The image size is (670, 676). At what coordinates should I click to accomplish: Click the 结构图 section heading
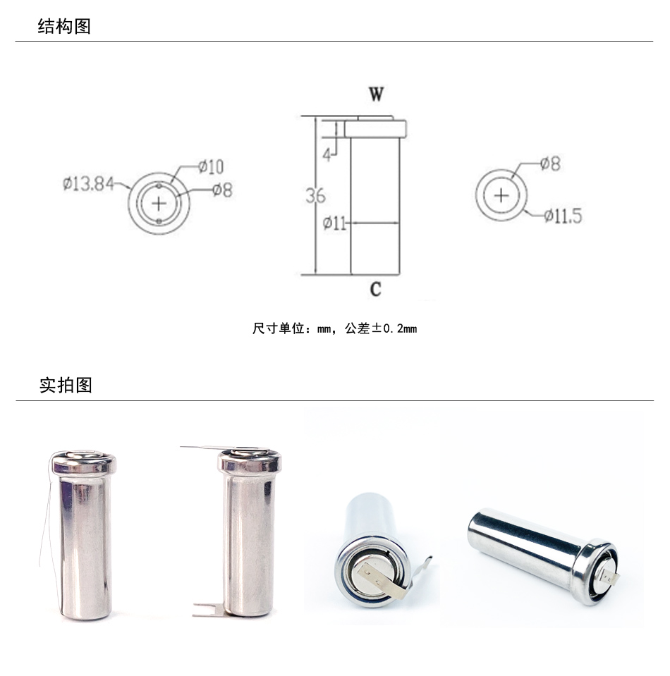[64, 27]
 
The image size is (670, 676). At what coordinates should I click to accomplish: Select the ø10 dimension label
[211, 167]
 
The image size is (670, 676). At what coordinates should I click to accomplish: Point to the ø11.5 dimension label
[563, 216]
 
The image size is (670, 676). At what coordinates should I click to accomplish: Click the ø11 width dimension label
[334, 224]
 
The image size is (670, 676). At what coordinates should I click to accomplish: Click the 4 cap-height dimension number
[327, 154]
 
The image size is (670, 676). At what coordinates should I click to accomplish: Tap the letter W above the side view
[376, 95]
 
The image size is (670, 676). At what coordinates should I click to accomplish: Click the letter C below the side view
[376, 288]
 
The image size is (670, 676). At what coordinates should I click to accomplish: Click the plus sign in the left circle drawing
[159, 203]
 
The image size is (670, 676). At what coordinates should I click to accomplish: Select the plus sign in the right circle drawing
[501, 195]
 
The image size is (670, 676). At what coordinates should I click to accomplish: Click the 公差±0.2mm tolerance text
[381, 328]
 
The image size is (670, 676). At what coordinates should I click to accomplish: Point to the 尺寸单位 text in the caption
[277, 328]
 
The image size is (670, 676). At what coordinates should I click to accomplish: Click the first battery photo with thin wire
[83, 536]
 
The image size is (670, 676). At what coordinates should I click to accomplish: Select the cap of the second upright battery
[250, 462]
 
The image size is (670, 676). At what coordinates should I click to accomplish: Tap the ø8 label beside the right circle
[550, 164]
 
